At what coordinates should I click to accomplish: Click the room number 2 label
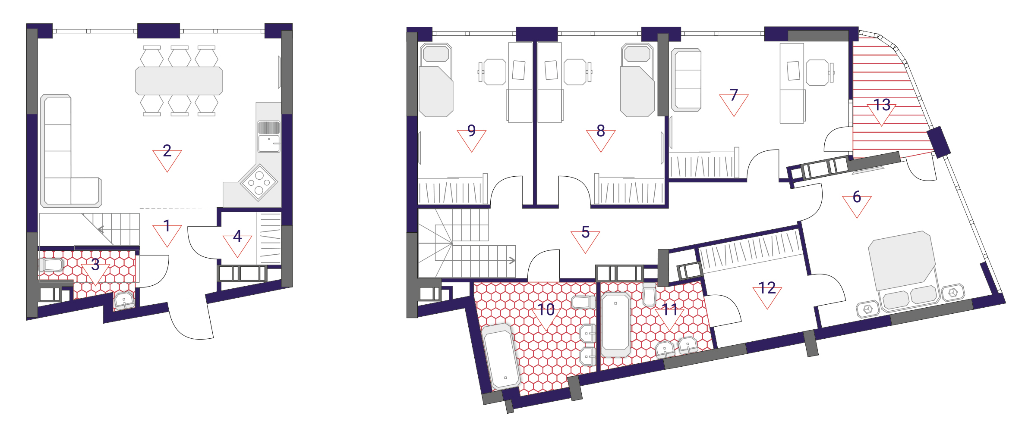[167, 151]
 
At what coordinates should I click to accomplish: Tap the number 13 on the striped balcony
[882, 105]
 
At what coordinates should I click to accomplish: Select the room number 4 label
[237, 236]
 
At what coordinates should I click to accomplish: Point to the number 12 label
[767, 287]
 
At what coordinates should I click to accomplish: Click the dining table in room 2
[179, 81]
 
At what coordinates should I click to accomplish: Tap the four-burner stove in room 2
[259, 182]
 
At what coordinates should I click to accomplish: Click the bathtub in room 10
[501, 357]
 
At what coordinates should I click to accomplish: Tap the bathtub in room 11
[615, 324]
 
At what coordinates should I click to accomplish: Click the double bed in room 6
[904, 272]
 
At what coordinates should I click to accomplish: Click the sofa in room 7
[686, 80]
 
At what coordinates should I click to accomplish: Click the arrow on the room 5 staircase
[512, 260]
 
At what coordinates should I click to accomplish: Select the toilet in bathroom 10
[581, 302]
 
